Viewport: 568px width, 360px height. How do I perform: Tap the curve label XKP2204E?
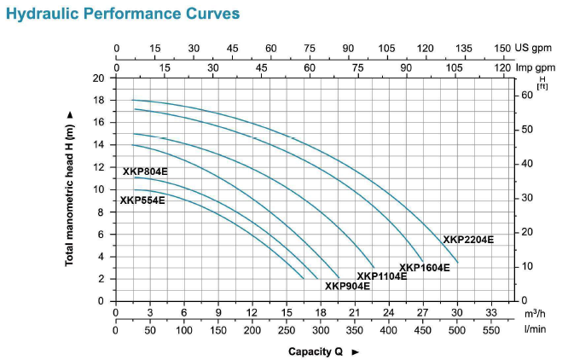(468, 240)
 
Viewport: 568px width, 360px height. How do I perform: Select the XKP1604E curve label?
(424, 268)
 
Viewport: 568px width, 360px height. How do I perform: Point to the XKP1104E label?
(381, 276)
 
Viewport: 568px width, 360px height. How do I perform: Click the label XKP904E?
(347, 286)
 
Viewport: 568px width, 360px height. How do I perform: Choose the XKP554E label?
(142, 201)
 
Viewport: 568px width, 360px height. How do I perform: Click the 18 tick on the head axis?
(99, 100)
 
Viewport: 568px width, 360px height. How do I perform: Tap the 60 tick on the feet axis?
(526, 95)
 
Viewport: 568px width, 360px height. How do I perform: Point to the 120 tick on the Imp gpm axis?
(503, 67)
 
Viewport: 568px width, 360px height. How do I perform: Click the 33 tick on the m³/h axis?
(491, 313)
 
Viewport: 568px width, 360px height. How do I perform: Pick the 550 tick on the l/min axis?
(491, 330)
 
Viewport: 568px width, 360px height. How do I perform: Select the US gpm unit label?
(531, 49)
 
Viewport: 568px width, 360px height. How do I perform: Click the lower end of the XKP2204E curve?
(457, 262)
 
